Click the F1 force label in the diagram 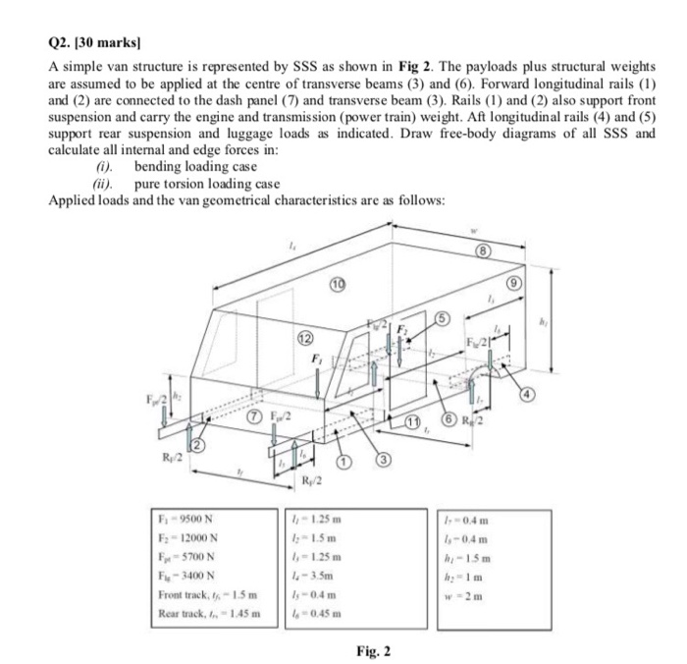pos(317,360)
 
